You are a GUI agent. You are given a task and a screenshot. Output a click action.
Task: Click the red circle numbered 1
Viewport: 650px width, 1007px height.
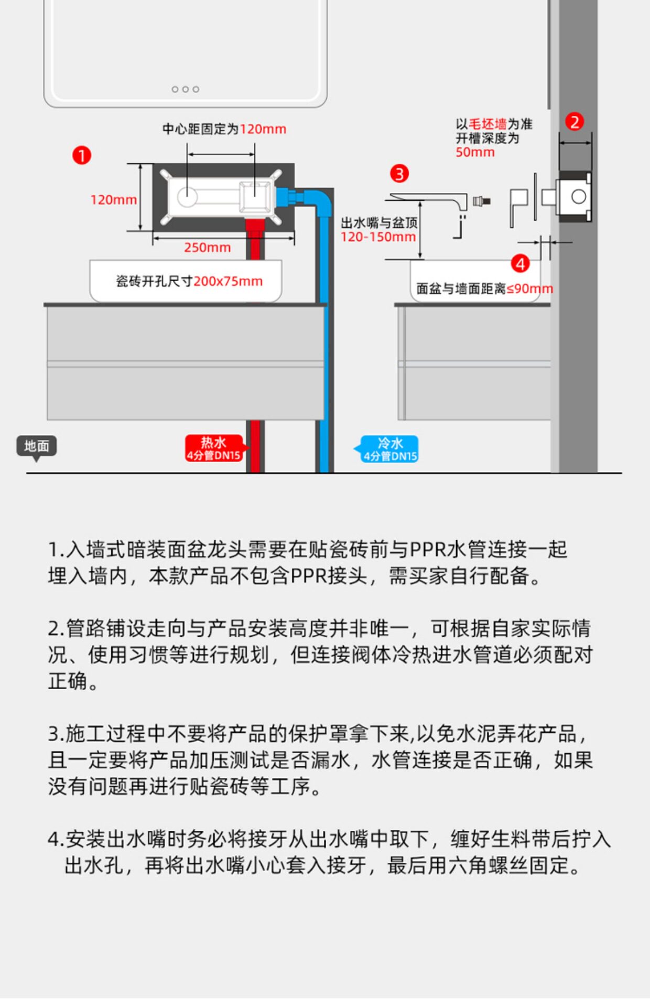click(x=82, y=155)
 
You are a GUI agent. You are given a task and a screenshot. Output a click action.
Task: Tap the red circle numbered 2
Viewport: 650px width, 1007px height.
click(x=575, y=122)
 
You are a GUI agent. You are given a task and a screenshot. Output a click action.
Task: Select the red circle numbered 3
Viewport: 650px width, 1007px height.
click(x=399, y=174)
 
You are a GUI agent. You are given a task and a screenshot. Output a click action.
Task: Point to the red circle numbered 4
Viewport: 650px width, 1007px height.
click(x=520, y=263)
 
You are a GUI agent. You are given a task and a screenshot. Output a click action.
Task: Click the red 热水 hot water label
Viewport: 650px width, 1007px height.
click(x=213, y=448)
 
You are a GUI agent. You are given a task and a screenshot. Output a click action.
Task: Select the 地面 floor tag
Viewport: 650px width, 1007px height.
click(x=36, y=446)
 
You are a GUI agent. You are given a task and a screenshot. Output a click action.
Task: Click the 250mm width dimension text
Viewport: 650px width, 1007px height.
click(x=207, y=248)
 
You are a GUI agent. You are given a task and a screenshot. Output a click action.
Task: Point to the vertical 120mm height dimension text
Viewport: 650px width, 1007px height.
click(x=113, y=200)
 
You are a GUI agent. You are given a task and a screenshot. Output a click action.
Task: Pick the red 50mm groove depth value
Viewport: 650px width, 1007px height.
click(x=475, y=153)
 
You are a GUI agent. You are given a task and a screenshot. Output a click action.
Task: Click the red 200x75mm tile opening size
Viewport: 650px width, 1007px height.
click(x=228, y=281)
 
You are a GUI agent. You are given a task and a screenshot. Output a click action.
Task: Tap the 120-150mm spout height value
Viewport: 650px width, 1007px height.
click(x=378, y=237)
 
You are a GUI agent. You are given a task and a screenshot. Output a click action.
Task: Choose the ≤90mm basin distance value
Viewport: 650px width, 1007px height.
click(x=530, y=288)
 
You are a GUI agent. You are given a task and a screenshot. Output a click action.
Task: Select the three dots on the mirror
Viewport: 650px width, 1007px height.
click(x=186, y=89)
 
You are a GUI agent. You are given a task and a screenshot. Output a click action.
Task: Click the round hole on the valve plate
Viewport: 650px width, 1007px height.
click(x=187, y=197)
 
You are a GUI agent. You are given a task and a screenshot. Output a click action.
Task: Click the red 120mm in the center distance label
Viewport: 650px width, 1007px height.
click(x=263, y=129)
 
